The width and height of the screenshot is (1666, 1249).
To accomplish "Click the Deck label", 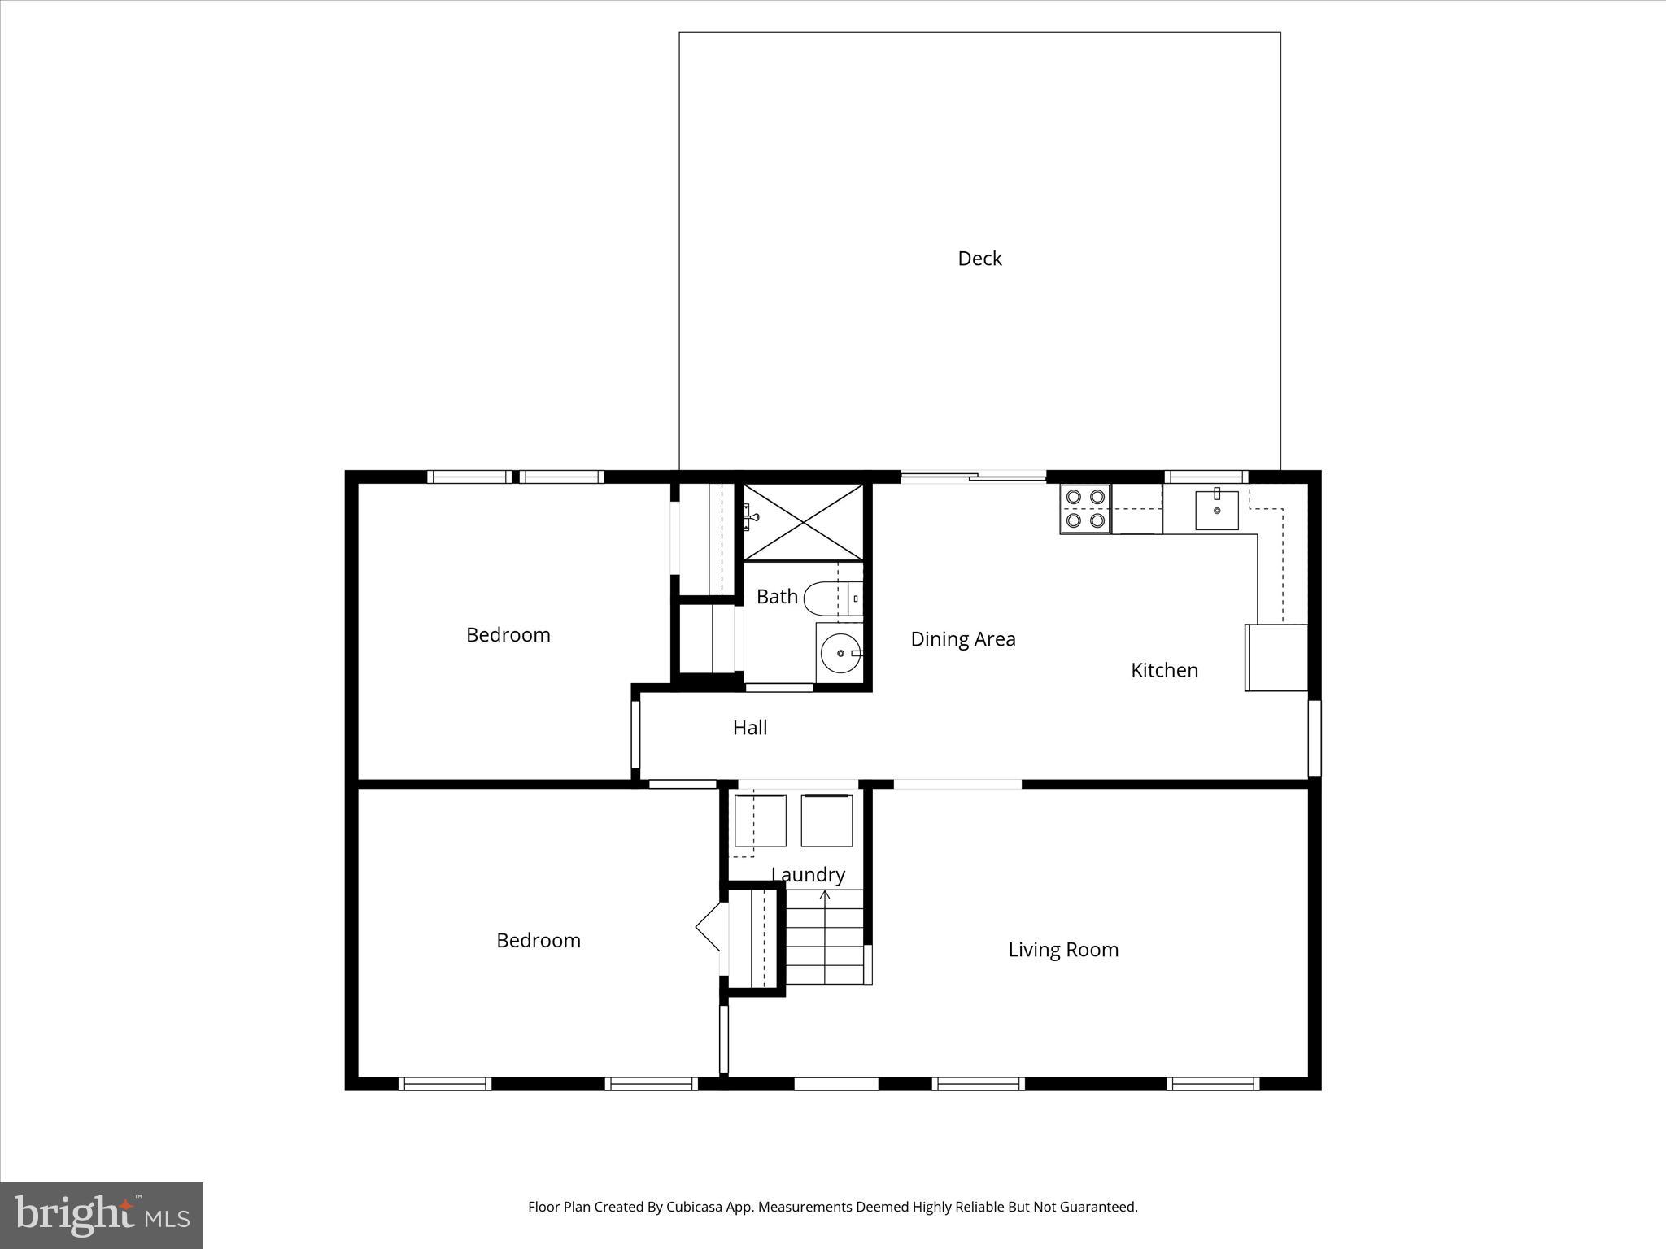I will (979, 259).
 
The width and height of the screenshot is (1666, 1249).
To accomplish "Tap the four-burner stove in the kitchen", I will (1085, 508).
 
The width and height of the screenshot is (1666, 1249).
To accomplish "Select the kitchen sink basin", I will (1216, 510).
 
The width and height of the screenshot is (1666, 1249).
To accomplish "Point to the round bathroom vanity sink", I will (840, 652).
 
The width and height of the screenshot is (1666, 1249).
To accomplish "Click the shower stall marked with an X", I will (803, 522).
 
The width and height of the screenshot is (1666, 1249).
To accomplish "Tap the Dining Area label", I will (962, 639).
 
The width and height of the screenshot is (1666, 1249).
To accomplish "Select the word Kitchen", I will (1164, 670).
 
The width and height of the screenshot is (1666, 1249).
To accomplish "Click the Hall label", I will (749, 728).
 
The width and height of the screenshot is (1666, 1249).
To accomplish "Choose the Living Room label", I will (1062, 950).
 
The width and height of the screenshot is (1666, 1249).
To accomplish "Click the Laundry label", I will (808, 875).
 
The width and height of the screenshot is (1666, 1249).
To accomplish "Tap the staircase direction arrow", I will (825, 897).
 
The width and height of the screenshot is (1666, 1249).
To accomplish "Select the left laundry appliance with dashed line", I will (760, 821).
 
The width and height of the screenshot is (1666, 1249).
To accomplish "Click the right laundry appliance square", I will (826, 821).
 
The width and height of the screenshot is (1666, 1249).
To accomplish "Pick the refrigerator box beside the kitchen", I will (1276, 658).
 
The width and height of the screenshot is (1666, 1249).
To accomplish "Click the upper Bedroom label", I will (508, 635).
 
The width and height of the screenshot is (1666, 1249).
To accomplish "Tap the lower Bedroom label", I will (538, 941).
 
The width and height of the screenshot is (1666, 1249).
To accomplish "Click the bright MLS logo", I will (102, 1215).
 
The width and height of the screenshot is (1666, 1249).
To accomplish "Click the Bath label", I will (777, 597).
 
